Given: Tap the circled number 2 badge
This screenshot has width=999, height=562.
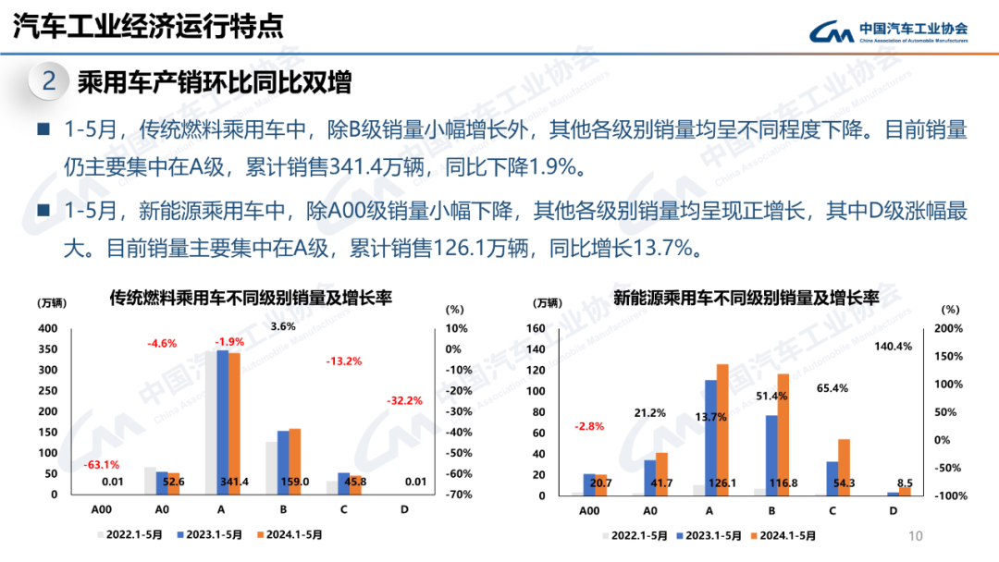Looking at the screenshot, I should (49, 81).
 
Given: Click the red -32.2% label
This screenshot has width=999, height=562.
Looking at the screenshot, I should (404, 400).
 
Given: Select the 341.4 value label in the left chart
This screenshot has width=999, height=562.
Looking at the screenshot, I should (233, 482).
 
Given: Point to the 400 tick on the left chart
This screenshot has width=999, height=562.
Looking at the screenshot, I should (47, 329).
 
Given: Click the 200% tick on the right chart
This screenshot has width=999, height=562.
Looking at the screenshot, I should (949, 329).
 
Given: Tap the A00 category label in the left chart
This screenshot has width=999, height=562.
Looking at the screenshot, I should (102, 509).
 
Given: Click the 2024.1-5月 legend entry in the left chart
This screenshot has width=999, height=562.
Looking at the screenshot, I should (289, 534).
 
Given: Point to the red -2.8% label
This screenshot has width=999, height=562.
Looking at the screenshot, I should (589, 426).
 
